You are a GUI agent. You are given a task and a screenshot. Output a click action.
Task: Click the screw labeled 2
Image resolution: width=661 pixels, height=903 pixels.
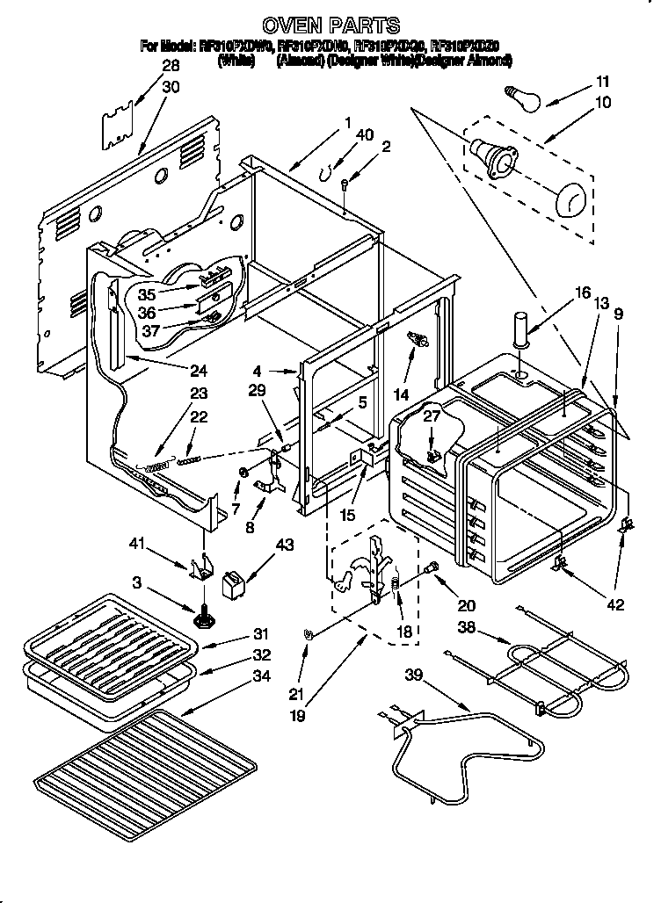click(x=345, y=183)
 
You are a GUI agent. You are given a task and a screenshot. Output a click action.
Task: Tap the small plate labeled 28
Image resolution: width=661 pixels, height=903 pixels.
click(x=115, y=119)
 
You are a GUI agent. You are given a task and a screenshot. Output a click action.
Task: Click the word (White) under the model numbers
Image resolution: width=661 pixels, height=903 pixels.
click(x=237, y=61)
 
